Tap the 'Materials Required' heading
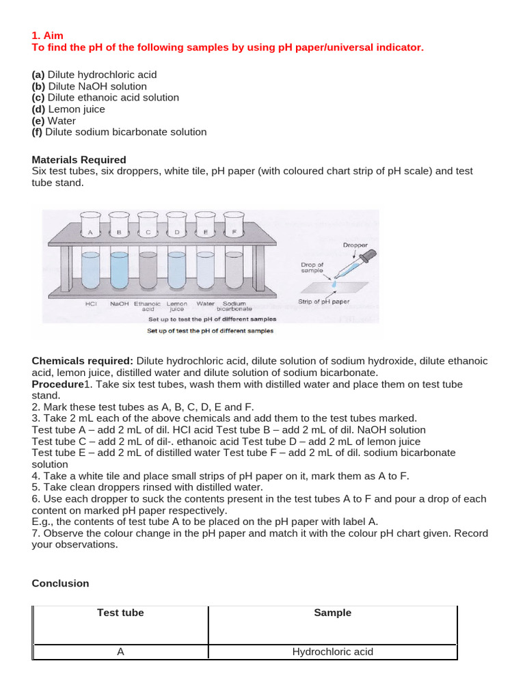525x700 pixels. click(79, 160)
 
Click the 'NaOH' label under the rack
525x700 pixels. click(119, 304)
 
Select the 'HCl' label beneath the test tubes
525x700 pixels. click(90, 304)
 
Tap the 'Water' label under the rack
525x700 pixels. click(205, 304)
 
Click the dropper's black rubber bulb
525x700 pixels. click(366, 256)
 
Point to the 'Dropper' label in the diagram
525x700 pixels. click(355, 245)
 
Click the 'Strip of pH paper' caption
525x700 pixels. click(325, 301)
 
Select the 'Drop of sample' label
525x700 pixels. click(312, 267)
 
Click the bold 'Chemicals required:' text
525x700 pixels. click(83, 361)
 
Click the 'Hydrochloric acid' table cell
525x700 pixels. click(332, 651)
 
